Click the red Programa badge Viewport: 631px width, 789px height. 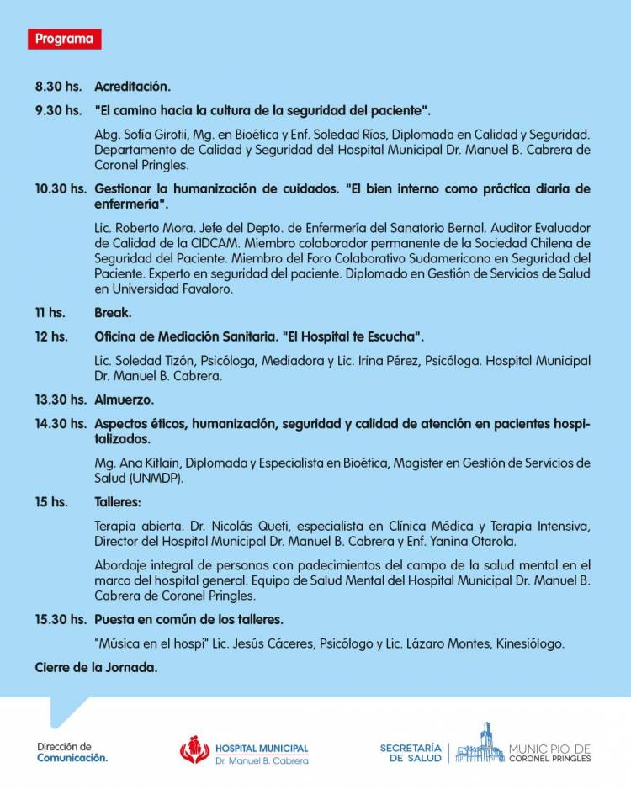coord(64,39)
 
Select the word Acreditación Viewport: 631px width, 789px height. coord(132,86)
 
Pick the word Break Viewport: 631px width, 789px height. coord(113,312)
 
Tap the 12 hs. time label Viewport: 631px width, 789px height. coord(51,336)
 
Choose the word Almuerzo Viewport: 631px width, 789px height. coord(124,400)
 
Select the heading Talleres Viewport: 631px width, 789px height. coord(117,501)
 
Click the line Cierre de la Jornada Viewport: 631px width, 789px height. coord(96,668)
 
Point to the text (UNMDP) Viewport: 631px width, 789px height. coord(156,478)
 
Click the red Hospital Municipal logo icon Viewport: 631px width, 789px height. coord(194,749)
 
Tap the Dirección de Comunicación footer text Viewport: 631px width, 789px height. coord(72,751)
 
